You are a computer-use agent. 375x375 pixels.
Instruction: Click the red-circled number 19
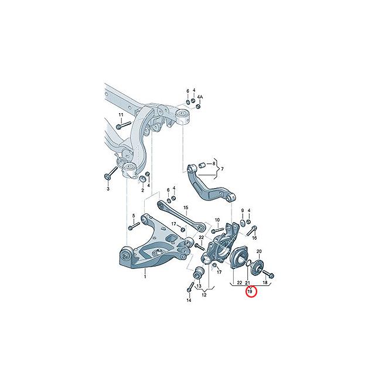251,291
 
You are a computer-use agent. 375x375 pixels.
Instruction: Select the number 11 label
121,114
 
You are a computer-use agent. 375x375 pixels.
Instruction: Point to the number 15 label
186,207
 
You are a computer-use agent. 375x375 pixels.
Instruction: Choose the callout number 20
259,251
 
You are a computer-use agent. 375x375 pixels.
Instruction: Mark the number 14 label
189,300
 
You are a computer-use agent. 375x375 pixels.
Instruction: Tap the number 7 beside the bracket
222,169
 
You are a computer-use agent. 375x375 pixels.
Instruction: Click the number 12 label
204,295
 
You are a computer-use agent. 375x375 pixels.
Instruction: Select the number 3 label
108,189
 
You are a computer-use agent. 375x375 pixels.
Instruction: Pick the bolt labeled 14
190,288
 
